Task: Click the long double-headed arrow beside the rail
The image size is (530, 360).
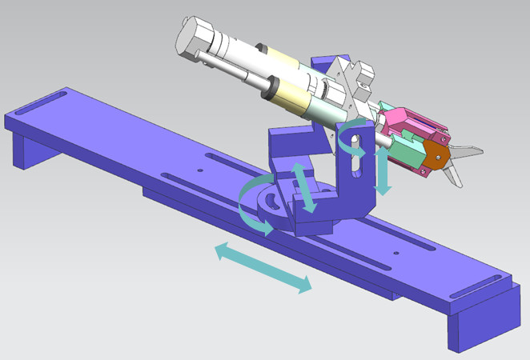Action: coord(263,270)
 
